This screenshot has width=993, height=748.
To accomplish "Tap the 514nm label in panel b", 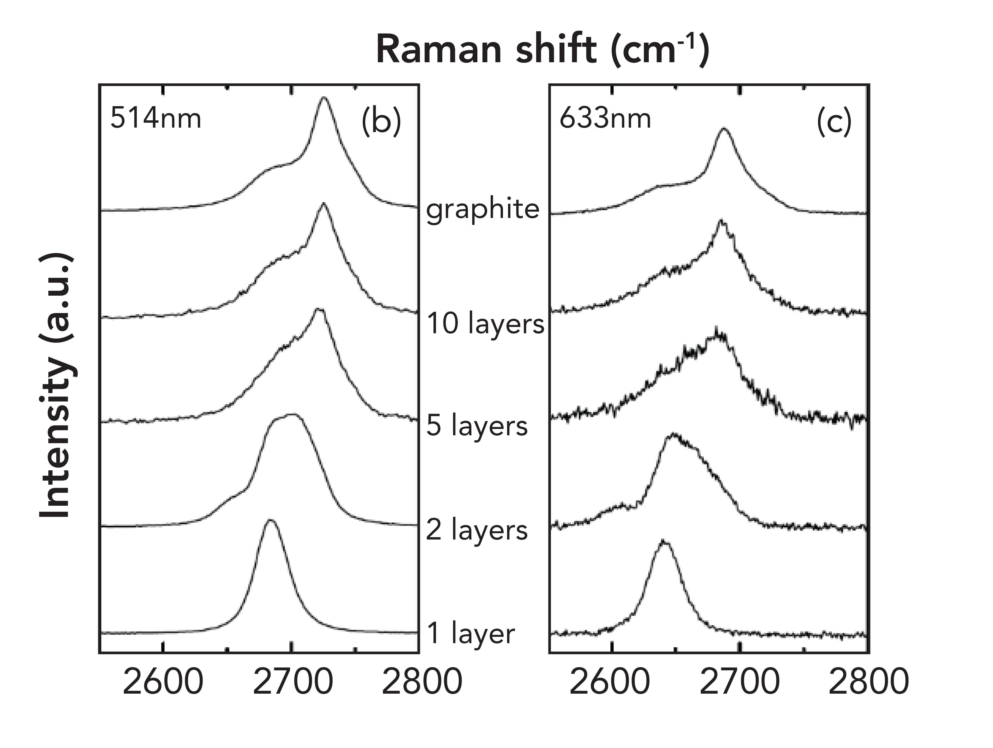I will [156, 119].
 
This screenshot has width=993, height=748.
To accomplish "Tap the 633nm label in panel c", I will [605, 119].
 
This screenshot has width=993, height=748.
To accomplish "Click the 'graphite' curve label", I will [482, 209].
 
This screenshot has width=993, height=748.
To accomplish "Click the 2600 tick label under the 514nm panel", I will [162, 682].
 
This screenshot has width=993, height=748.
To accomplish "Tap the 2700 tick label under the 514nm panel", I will [293, 682].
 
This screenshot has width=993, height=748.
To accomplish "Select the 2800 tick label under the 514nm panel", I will [421, 682].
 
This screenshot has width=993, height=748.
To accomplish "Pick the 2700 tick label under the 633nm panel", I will [739, 682].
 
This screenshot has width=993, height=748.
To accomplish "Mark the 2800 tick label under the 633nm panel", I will [868, 682].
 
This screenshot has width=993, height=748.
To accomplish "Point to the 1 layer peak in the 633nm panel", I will [663, 542].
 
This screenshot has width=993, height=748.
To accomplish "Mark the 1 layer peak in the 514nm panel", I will [270, 521].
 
